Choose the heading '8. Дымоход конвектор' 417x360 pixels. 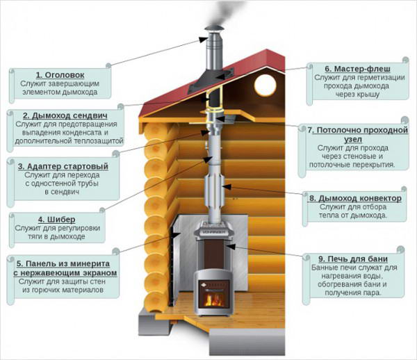pos(354,198)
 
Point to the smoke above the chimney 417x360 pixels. pos(220,13)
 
